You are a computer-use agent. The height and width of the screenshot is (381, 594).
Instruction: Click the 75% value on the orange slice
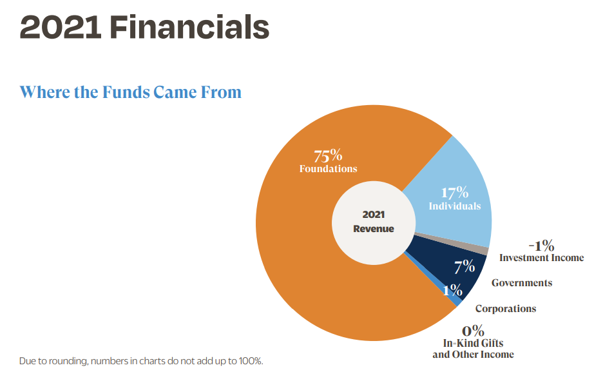pyautogui.click(x=328, y=156)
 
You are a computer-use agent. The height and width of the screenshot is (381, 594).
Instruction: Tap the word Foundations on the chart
pyautogui.click(x=328, y=169)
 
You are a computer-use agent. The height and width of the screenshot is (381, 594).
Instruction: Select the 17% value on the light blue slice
pyautogui.click(x=454, y=193)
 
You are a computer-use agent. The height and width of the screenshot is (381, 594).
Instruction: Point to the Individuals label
pyautogui.click(x=454, y=206)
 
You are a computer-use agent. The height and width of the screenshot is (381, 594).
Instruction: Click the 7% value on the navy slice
pyautogui.click(x=464, y=266)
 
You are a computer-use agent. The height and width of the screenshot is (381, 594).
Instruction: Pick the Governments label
pyautogui.click(x=521, y=283)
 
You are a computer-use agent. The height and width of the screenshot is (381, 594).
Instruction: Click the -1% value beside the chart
pyautogui.click(x=541, y=246)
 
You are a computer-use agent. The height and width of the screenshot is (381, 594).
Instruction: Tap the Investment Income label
pyautogui.click(x=541, y=258)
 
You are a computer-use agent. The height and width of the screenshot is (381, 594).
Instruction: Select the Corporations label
pyautogui.click(x=505, y=309)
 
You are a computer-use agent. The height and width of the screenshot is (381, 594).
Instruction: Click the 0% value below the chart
pyautogui.click(x=473, y=331)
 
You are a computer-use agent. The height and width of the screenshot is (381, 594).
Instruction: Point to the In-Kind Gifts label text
pyautogui.click(x=473, y=344)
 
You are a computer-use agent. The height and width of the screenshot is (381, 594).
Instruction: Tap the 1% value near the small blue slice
pyautogui.click(x=452, y=290)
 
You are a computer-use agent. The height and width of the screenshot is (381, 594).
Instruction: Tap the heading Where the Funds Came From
pyautogui.click(x=130, y=92)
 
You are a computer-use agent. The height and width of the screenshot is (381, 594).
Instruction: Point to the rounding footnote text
pyautogui.click(x=141, y=361)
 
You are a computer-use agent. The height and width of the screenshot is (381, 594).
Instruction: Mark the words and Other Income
pyautogui.click(x=473, y=355)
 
